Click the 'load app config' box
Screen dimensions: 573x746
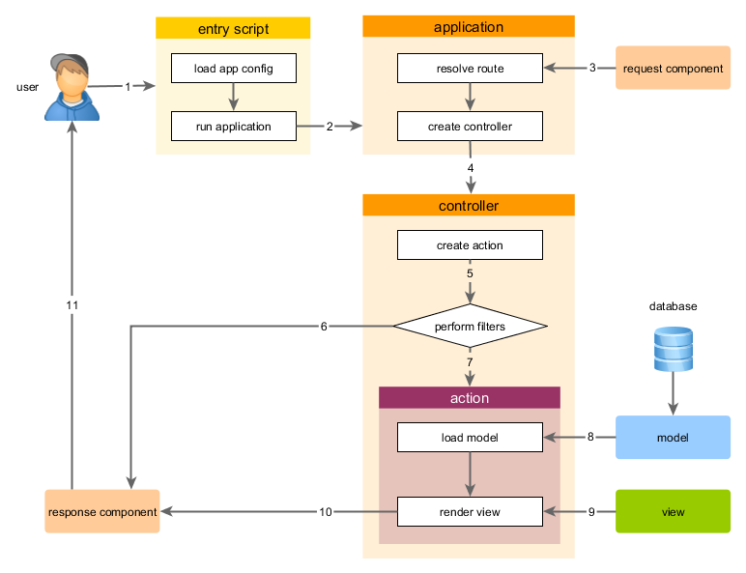(x=233, y=69)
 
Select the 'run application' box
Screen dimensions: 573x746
(x=233, y=127)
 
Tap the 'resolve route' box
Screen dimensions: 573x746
(x=470, y=69)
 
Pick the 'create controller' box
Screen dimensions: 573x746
(x=470, y=127)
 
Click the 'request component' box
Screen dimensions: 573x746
(x=673, y=69)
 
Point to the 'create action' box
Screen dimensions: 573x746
(x=470, y=245)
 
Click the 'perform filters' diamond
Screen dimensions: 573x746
(x=470, y=327)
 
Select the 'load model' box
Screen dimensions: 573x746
(x=470, y=438)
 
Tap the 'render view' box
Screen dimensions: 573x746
(x=470, y=512)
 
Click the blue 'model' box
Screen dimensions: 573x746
(x=673, y=438)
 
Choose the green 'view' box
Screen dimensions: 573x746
(x=673, y=512)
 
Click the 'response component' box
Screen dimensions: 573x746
(x=102, y=512)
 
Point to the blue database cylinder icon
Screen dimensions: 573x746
(x=673, y=350)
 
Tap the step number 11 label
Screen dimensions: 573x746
(x=72, y=305)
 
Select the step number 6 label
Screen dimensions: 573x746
(x=324, y=327)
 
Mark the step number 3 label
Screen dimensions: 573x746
(x=592, y=68)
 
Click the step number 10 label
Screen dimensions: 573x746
(x=326, y=512)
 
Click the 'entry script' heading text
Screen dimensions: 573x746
(x=233, y=29)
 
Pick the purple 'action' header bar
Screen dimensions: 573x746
(x=470, y=398)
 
